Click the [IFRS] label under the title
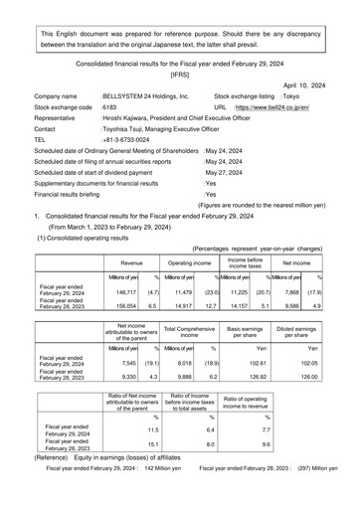(x=180, y=74)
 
